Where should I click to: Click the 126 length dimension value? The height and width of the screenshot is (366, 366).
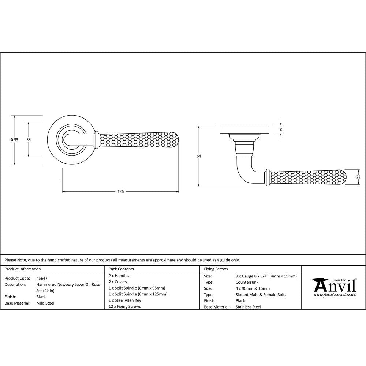coord(120,191)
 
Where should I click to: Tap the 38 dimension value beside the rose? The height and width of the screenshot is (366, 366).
coord(28,139)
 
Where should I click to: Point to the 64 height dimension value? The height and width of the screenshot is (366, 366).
coord(199,156)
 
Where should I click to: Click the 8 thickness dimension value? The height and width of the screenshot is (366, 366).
coord(281,129)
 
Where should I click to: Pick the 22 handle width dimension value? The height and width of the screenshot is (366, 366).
coord(358,177)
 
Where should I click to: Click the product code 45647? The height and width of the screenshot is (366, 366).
coord(42,278)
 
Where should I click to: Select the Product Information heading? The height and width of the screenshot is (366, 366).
coord(23,269)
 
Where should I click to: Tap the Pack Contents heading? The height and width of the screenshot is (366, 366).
coord(121,269)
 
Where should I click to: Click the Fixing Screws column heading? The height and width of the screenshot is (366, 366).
coord(216,269)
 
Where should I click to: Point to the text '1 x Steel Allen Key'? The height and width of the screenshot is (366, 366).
coord(125,300)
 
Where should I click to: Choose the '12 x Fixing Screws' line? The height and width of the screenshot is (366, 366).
coord(124,306)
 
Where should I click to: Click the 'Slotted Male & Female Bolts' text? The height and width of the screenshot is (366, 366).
coord(261,295)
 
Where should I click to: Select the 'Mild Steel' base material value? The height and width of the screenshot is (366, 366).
coord(45,303)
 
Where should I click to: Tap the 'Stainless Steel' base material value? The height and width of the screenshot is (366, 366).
coord(248,307)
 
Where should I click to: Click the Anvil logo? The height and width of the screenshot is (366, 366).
coord(333,285)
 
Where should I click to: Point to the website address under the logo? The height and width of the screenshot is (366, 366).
coord(335,295)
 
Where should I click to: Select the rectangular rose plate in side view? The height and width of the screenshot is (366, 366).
coord(244,130)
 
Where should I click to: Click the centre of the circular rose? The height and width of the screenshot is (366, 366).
coord(70,140)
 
